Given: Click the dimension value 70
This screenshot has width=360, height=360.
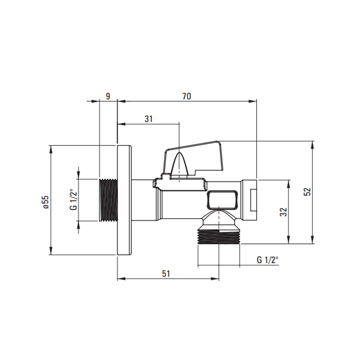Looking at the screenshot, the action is [186, 96].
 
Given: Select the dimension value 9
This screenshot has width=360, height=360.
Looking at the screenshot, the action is [108, 96].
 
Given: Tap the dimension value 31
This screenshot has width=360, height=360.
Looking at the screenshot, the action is [149, 119].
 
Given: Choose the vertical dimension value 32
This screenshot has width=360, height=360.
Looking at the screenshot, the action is [284, 212].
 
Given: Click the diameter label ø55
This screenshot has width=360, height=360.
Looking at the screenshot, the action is [46, 202].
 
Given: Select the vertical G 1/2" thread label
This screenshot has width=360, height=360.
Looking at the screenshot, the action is [73, 199].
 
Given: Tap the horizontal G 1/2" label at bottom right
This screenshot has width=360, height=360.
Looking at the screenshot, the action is [267, 260].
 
